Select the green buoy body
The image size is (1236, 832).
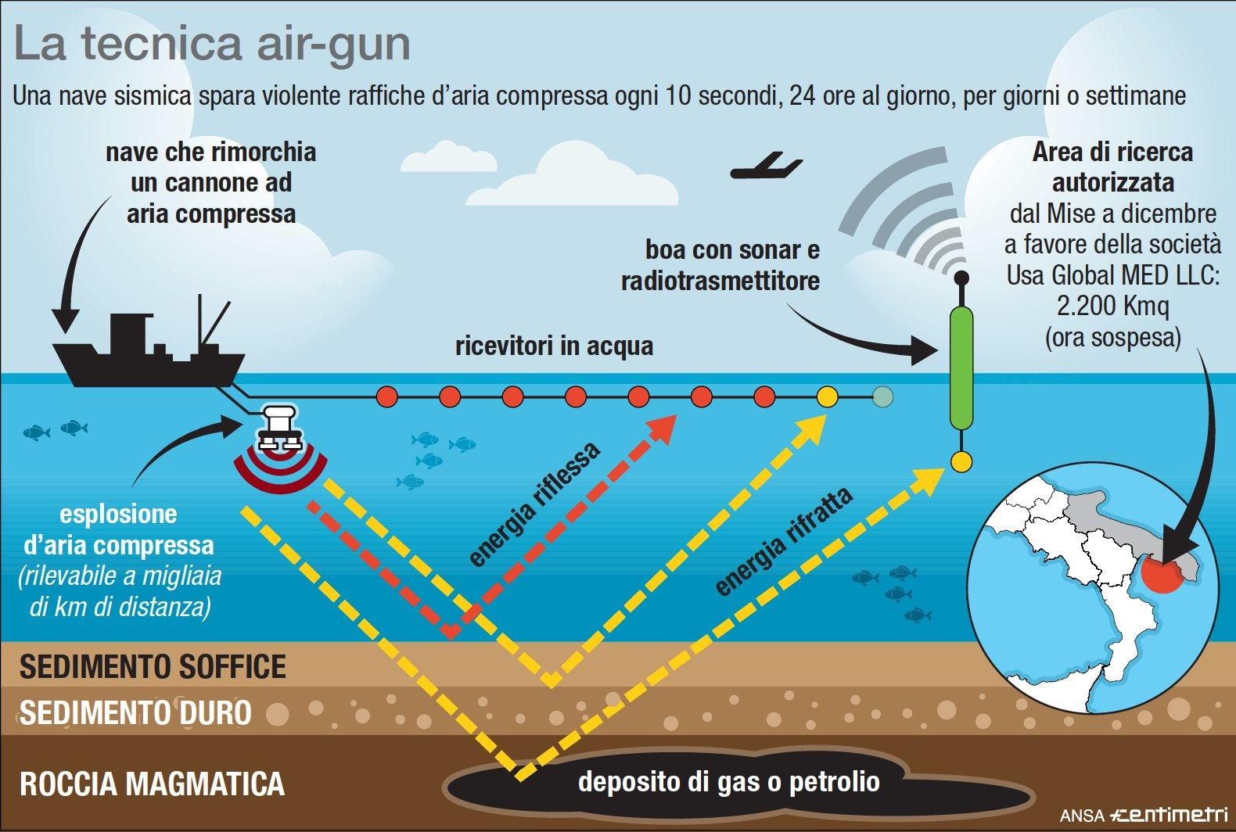[x=961, y=368]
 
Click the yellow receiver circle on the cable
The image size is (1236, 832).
[x=827, y=397]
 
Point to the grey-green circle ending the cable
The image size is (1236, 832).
[x=882, y=397]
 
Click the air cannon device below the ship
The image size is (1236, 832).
[x=279, y=428]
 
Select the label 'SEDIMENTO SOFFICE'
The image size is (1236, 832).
[x=153, y=667]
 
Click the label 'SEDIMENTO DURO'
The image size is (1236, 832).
[x=135, y=712]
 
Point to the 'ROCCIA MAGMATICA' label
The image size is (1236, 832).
[x=152, y=784]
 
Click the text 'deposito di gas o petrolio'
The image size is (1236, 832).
[x=728, y=781]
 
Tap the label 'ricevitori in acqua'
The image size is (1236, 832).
[x=554, y=346]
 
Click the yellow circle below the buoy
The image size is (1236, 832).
[x=961, y=461]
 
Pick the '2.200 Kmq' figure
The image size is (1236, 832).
[x=1112, y=307]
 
